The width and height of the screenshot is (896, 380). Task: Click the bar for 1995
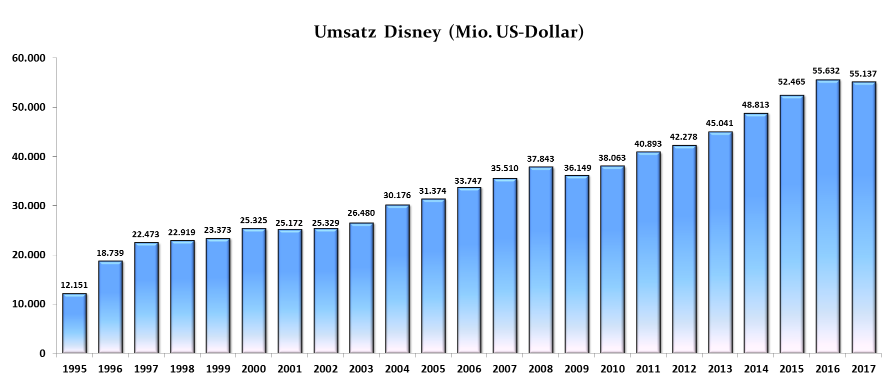(74, 323)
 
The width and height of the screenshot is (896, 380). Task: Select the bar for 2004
(397, 279)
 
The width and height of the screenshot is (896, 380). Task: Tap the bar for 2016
(827, 216)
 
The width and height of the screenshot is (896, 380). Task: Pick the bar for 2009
(577, 264)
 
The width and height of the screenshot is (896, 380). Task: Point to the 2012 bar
(684, 249)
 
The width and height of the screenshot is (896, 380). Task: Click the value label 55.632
(827, 71)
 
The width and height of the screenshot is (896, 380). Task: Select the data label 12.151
(74, 285)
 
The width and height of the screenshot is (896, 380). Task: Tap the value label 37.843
(540, 159)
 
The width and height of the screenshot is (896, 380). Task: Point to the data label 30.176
(397, 195)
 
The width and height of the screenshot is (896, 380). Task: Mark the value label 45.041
(720, 123)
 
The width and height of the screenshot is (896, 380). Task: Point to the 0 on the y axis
(42, 353)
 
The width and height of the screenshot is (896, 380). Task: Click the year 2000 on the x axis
(253, 369)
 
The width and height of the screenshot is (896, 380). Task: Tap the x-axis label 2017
(863, 369)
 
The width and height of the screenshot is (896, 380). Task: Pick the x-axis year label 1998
(182, 369)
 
